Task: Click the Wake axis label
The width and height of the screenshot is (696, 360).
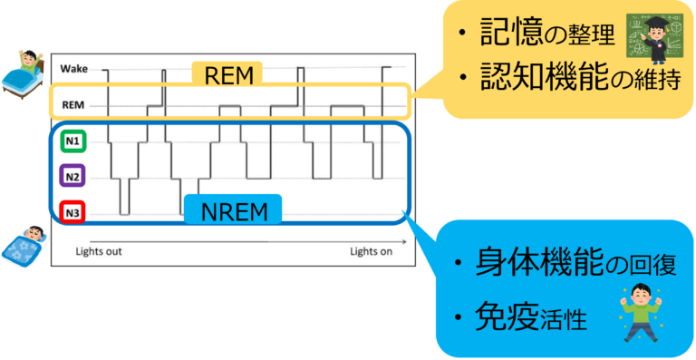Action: tap(74, 69)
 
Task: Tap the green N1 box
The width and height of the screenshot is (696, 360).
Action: tap(72, 141)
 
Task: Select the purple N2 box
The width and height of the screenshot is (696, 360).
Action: tap(72, 177)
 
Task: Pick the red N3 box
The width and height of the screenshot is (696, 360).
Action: tap(72, 213)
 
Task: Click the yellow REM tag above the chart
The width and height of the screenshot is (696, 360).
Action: tap(227, 74)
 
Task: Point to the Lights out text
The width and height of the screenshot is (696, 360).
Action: tap(99, 252)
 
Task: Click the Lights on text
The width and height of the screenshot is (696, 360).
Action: tap(371, 252)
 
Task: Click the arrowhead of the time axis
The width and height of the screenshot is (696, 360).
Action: tap(404, 242)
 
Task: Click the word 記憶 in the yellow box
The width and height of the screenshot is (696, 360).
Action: tap(509, 34)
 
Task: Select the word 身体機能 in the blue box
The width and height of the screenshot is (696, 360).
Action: tap(533, 266)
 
